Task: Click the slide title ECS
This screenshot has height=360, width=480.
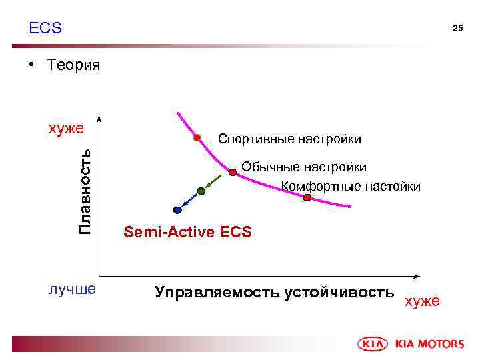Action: click(45, 28)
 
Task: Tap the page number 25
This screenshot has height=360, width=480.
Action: click(457, 28)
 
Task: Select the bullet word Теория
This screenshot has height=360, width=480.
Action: click(73, 65)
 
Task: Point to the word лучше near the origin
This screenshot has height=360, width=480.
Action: click(72, 289)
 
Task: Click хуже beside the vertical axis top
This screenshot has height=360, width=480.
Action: click(67, 128)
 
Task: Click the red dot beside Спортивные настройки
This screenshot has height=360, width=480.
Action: click(197, 138)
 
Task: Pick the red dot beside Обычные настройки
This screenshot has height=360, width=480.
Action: click(233, 172)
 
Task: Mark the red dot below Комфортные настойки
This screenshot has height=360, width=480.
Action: click(307, 197)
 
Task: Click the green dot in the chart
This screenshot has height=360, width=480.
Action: click(201, 191)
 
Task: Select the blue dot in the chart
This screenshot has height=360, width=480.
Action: click(177, 210)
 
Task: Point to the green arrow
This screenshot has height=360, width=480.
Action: click(214, 181)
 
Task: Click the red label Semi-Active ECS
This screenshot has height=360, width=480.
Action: click(187, 232)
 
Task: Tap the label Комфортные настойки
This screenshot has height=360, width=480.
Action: click(351, 186)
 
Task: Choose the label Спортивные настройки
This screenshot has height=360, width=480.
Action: click(289, 139)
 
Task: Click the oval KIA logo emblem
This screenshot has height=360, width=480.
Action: click(375, 344)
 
